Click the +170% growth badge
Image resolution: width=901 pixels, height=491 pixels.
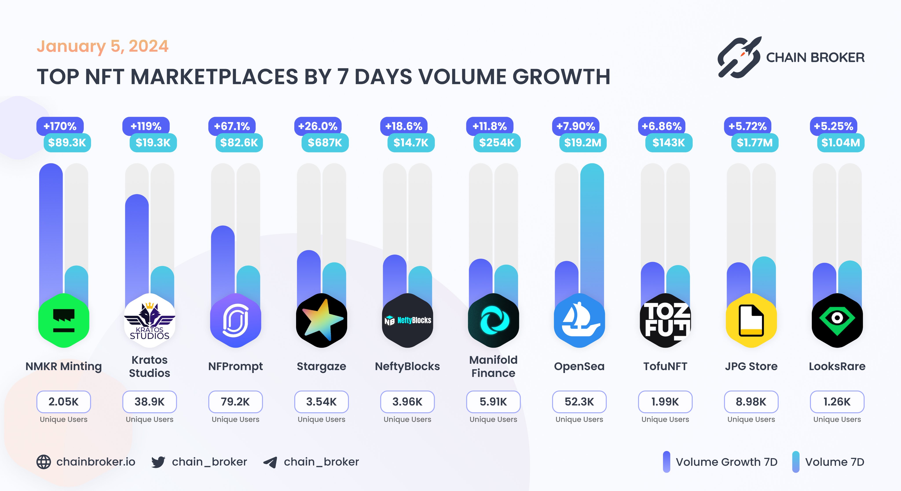pyautogui.click(x=60, y=126)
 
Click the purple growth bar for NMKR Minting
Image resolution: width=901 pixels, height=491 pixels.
pyautogui.click(x=51, y=227)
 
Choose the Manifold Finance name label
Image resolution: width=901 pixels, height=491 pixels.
pyautogui.click(x=493, y=366)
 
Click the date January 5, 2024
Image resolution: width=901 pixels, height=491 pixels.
pyautogui.click(x=103, y=46)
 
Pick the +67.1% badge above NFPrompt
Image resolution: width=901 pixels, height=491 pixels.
pyautogui.click(x=232, y=126)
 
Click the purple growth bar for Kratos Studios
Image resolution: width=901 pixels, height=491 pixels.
pyautogui.click(x=137, y=245)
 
